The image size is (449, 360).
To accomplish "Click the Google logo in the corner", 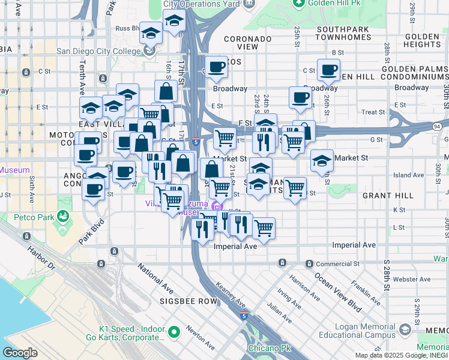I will coord(20,353).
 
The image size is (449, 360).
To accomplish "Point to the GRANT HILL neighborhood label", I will coord(388,196).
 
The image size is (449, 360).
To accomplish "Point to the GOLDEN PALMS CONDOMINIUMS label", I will coord(414,73).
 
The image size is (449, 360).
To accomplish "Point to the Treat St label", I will coord(373,112).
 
